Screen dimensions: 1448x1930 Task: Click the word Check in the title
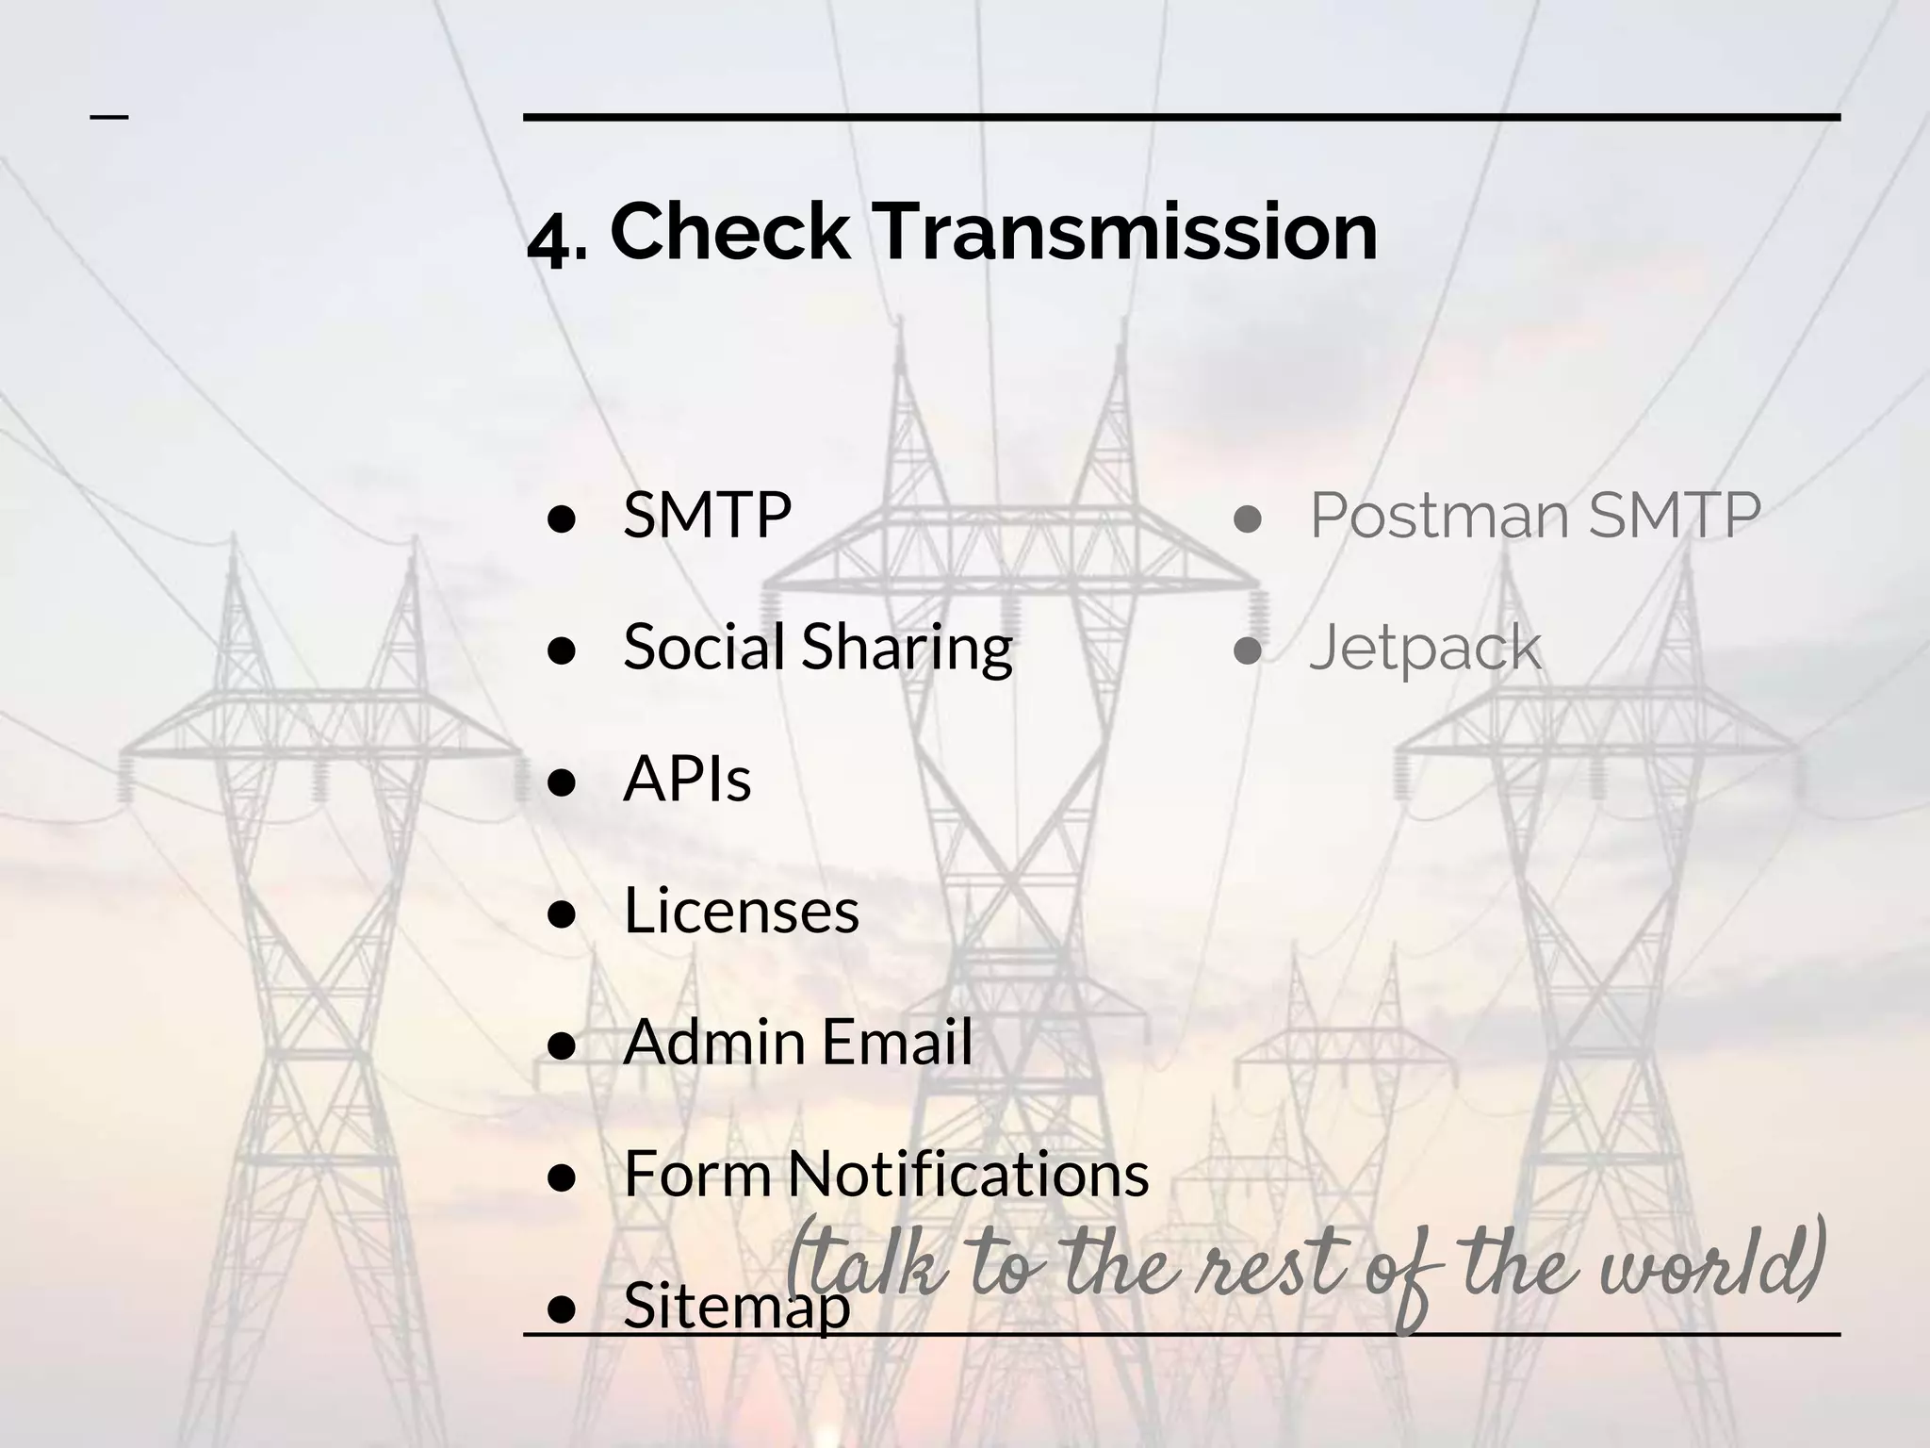click(x=729, y=232)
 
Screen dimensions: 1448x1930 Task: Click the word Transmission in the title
click(x=1127, y=232)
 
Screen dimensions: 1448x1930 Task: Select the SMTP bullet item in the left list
click(x=707, y=516)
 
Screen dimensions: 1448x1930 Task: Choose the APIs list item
click(x=687, y=780)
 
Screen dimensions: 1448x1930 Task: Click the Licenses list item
click(x=742, y=911)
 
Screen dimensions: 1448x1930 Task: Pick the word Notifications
click(x=968, y=1174)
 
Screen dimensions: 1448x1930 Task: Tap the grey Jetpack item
click(x=1425, y=649)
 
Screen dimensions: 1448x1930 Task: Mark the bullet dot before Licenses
click(x=562, y=913)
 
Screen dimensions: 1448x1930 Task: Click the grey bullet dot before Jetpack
click(x=1248, y=650)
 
